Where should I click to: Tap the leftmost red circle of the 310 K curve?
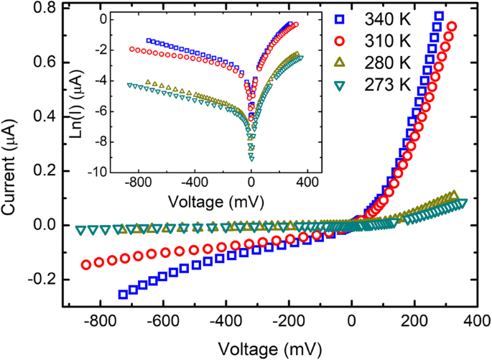pyautogui.click(x=86, y=264)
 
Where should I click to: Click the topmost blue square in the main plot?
pyautogui.click(x=438, y=17)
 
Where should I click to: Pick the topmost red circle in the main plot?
pyautogui.click(x=452, y=27)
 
